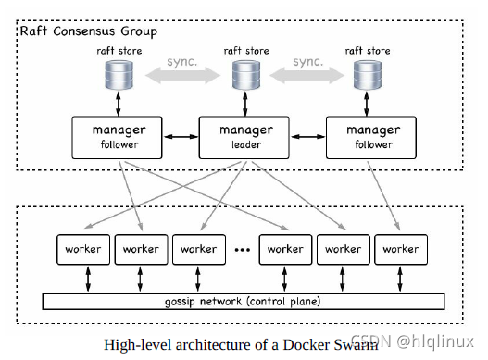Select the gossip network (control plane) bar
pyautogui.click(x=241, y=302)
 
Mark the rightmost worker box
pyautogui.click(x=401, y=249)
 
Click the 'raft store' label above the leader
pyautogui.click(x=243, y=49)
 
